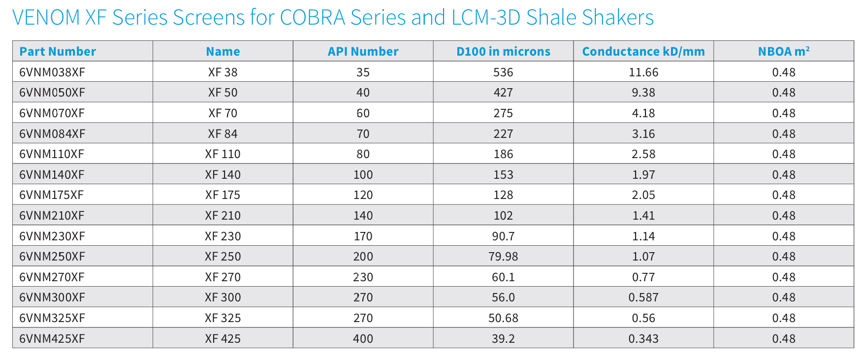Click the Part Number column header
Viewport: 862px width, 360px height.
(58, 51)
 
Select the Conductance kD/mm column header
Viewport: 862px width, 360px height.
(643, 51)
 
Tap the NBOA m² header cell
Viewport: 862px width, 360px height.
(783, 51)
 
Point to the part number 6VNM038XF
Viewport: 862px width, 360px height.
(52, 72)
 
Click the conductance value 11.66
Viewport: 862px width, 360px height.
(643, 72)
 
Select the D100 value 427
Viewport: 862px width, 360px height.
(503, 93)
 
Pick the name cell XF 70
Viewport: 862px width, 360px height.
(223, 113)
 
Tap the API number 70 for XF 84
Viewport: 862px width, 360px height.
(363, 134)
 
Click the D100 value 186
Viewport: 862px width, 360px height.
(503, 154)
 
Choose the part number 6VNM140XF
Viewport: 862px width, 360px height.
(52, 175)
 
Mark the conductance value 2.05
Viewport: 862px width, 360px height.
(643, 195)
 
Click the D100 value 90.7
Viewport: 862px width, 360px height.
(503, 236)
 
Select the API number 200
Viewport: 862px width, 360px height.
(363, 257)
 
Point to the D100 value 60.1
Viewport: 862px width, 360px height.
(503, 277)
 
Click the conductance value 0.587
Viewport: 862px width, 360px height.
(643, 297)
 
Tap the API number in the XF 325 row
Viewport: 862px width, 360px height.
(363, 318)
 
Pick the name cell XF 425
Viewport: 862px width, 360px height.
(223, 339)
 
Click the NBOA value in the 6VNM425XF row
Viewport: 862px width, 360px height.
(783, 339)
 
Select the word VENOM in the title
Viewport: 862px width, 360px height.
(46, 18)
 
